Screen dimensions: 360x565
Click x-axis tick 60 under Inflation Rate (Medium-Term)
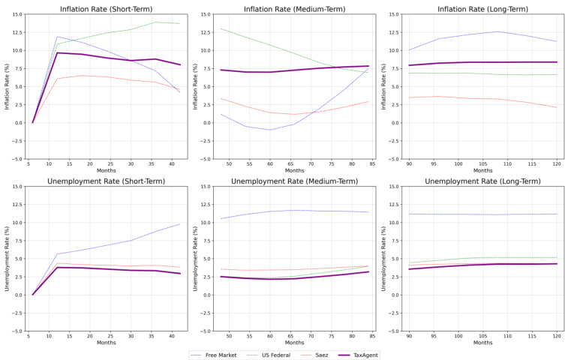(270, 163)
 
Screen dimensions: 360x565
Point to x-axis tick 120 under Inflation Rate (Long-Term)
(557, 163)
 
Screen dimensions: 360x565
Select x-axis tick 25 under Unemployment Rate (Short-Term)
(108, 336)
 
